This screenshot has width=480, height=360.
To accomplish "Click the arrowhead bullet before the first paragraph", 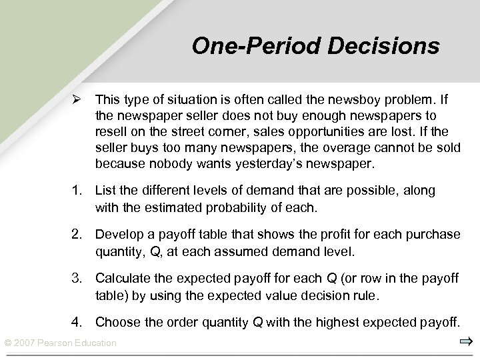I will tap(78, 101).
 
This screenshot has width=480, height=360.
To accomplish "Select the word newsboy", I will tap(344, 101).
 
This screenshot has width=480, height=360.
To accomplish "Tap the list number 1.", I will tap(78, 191).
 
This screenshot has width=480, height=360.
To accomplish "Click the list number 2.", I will tap(78, 235).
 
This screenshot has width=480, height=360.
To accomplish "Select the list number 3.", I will tap(78, 279).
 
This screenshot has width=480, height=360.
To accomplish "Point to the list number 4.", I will tap(78, 323).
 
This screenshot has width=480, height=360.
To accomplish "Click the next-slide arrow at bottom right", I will tap(465, 342).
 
